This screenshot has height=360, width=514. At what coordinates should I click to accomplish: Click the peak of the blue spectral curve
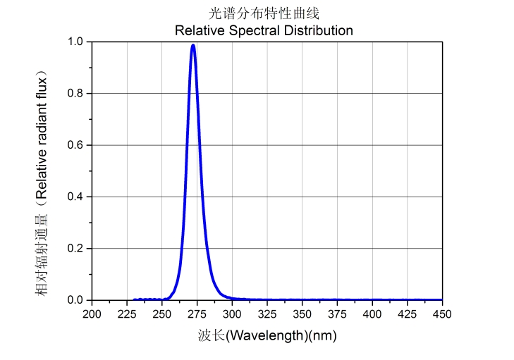point(192,46)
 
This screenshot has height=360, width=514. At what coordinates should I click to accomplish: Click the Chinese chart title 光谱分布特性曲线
point(264,13)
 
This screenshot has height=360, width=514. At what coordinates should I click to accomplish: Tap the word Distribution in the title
point(315,30)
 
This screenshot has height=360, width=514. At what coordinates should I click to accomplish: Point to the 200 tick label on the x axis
point(92,314)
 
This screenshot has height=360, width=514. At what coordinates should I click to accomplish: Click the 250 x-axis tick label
point(162,314)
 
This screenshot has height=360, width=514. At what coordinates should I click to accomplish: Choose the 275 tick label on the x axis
point(197,314)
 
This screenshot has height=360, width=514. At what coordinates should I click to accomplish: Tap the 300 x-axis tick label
point(232,314)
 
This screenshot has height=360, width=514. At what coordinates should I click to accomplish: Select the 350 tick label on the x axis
point(302,314)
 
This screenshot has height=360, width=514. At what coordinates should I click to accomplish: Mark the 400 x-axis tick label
point(372,314)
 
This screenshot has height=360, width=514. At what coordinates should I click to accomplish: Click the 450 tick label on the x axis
point(442,314)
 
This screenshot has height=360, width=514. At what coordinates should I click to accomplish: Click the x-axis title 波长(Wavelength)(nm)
point(267,335)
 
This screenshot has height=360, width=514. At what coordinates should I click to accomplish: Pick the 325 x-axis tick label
point(267,314)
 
